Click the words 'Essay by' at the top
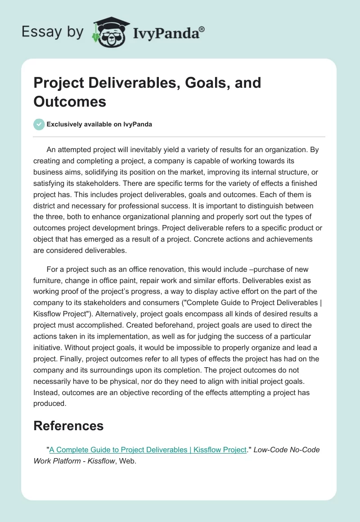(53, 32)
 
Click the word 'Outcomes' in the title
(70, 101)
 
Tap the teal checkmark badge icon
(39, 124)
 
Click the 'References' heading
(68, 425)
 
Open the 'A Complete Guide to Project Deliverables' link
(148, 450)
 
